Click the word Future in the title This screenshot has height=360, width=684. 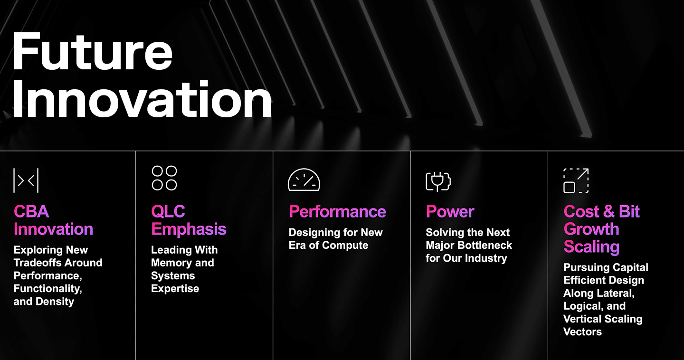click(x=93, y=52)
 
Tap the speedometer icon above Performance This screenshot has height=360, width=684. click(x=304, y=180)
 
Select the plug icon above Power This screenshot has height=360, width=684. click(x=438, y=182)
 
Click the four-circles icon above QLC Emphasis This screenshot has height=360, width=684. click(x=164, y=178)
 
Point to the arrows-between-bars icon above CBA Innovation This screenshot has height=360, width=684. click(x=26, y=180)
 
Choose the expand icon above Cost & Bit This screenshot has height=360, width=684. click(x=576, y=180)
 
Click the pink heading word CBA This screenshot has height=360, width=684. click(x=31, y=211)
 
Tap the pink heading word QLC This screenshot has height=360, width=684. click(x=168, y=211)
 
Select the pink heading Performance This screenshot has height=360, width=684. click(x=337, y=211)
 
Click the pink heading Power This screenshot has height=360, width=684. click(x=450, y=211)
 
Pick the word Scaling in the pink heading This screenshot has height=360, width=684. click(x=591, y=246)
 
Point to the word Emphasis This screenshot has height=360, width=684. click(x=189, y=229)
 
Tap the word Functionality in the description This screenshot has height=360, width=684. click(x=47, y=289)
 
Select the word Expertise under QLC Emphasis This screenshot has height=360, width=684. click(x=175, y=289)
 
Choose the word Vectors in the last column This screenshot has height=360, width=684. click(x=583, y=332)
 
